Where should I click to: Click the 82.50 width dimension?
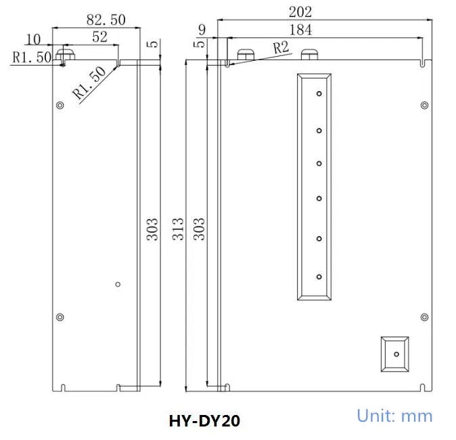[106, 20]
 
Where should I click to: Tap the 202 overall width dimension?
[300, 12]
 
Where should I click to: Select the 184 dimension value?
[300, 30]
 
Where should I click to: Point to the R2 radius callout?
[281, 48]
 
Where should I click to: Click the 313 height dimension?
[178, 229]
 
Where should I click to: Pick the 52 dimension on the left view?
[99, 37]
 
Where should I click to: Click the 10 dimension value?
[33, 39]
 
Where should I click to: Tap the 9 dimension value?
[202, 30]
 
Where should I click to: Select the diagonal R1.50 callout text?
[89, 83]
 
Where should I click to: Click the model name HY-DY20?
[204, 421]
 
